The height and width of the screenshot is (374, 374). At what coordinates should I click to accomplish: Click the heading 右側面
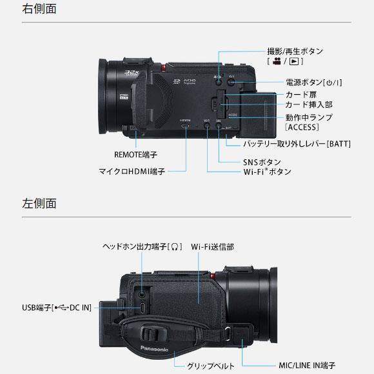40,9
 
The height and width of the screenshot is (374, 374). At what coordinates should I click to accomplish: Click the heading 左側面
40,203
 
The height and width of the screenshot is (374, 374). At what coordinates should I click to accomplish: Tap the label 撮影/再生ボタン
295,51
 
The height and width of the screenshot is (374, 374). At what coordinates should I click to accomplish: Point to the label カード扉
300,94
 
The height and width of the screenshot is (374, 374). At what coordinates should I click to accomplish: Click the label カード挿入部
308,104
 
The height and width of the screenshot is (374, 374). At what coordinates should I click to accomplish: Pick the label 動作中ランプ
309,117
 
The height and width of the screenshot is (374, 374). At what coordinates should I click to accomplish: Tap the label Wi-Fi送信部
212,246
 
